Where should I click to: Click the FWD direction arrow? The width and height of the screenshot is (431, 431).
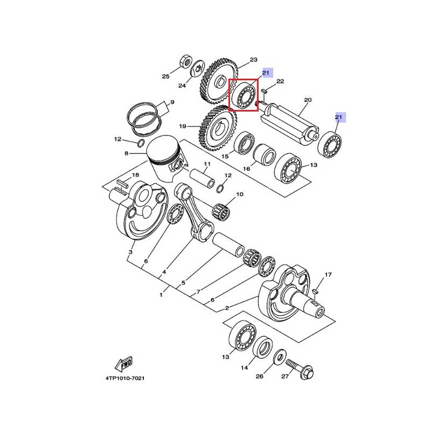coord(123,364)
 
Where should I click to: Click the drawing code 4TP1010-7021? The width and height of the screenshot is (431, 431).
coord(125,378)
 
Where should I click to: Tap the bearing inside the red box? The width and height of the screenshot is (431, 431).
coord(244,95)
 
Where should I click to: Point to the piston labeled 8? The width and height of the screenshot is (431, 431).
coord(165,156)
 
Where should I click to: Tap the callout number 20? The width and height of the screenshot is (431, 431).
coord(308,100)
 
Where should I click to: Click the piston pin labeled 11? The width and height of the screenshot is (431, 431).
coord(202,178)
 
